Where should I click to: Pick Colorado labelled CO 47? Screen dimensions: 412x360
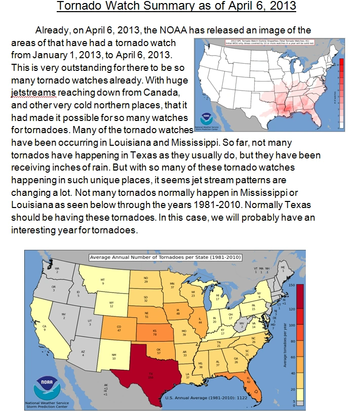(x=119, y=327)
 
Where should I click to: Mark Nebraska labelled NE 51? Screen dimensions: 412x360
(x=146, y=316)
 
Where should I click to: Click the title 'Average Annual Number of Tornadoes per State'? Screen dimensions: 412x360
(x=165, y=257)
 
